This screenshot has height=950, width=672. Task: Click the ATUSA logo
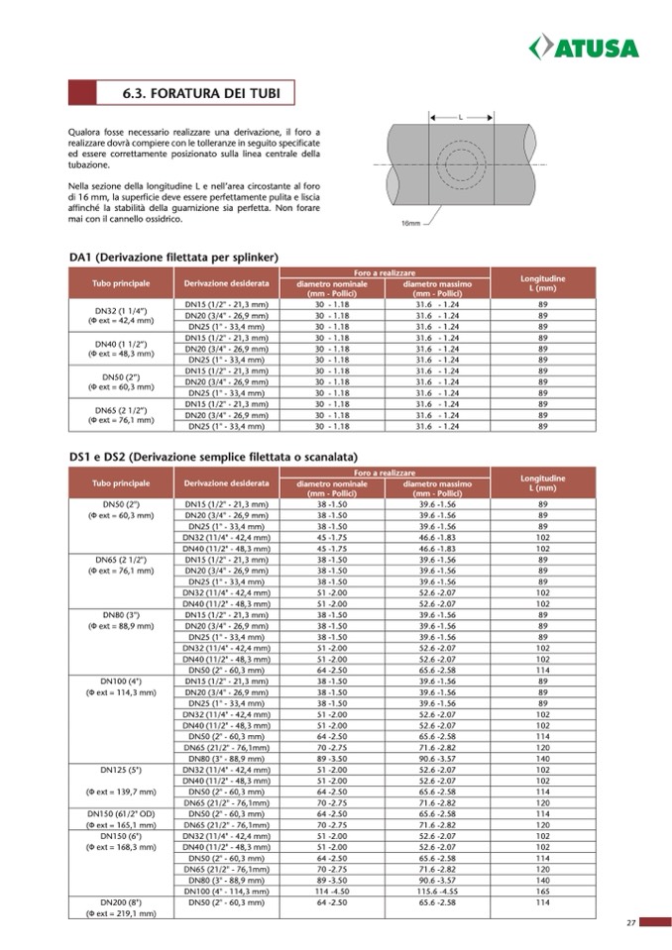(584, 47)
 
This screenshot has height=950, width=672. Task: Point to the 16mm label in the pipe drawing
(410, 224)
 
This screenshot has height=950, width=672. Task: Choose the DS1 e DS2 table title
(213, 457)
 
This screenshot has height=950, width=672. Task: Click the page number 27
(630, 923)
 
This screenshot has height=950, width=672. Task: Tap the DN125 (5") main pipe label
(119, 769)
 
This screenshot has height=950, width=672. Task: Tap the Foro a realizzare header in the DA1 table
(385, 272)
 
